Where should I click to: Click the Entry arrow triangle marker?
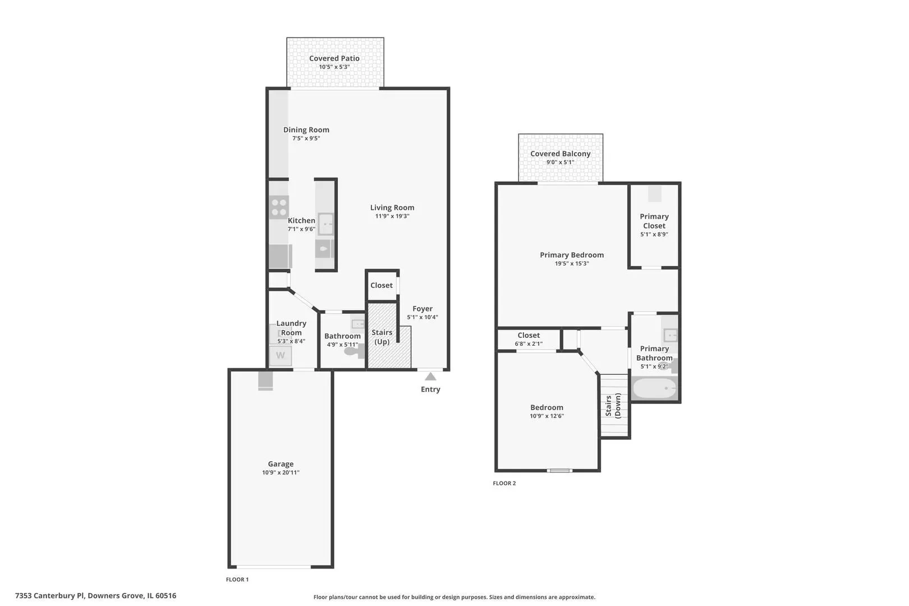point(430,377)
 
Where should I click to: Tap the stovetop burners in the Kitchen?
point(279,207)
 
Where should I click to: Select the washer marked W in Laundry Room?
point(281,356)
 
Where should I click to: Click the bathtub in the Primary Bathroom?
point(655,388)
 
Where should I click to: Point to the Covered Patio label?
point(334,58)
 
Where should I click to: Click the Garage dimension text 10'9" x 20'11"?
point(281,472)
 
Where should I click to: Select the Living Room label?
point(392,208)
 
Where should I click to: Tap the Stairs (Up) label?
point(382,337)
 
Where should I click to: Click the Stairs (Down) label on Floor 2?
point(613,406)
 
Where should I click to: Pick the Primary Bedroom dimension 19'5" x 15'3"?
point(572,263)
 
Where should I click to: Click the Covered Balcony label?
point(561,154)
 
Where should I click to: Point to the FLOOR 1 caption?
point(237,579)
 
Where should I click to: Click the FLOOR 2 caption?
point(504,483)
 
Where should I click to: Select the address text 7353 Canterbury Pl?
point(49,595)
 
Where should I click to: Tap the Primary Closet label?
point(654,221)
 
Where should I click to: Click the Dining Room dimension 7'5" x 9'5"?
point(306,139)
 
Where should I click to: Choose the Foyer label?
point(423,309)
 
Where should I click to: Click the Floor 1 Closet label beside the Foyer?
point(382,286)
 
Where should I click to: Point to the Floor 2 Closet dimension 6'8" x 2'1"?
point(529,344)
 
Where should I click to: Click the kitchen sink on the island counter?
point(325,224)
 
